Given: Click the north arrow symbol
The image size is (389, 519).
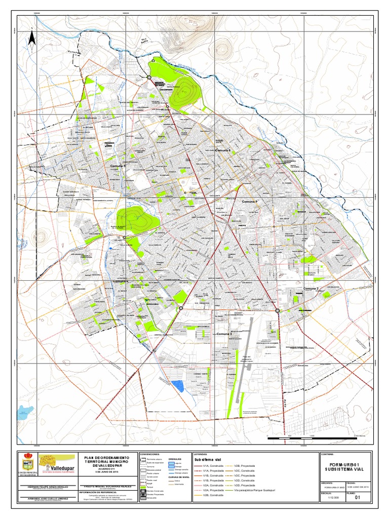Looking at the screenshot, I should coord(31,39).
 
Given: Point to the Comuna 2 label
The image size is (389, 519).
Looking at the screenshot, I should coord(310,288).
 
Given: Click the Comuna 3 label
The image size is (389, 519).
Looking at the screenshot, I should coord(223,335).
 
